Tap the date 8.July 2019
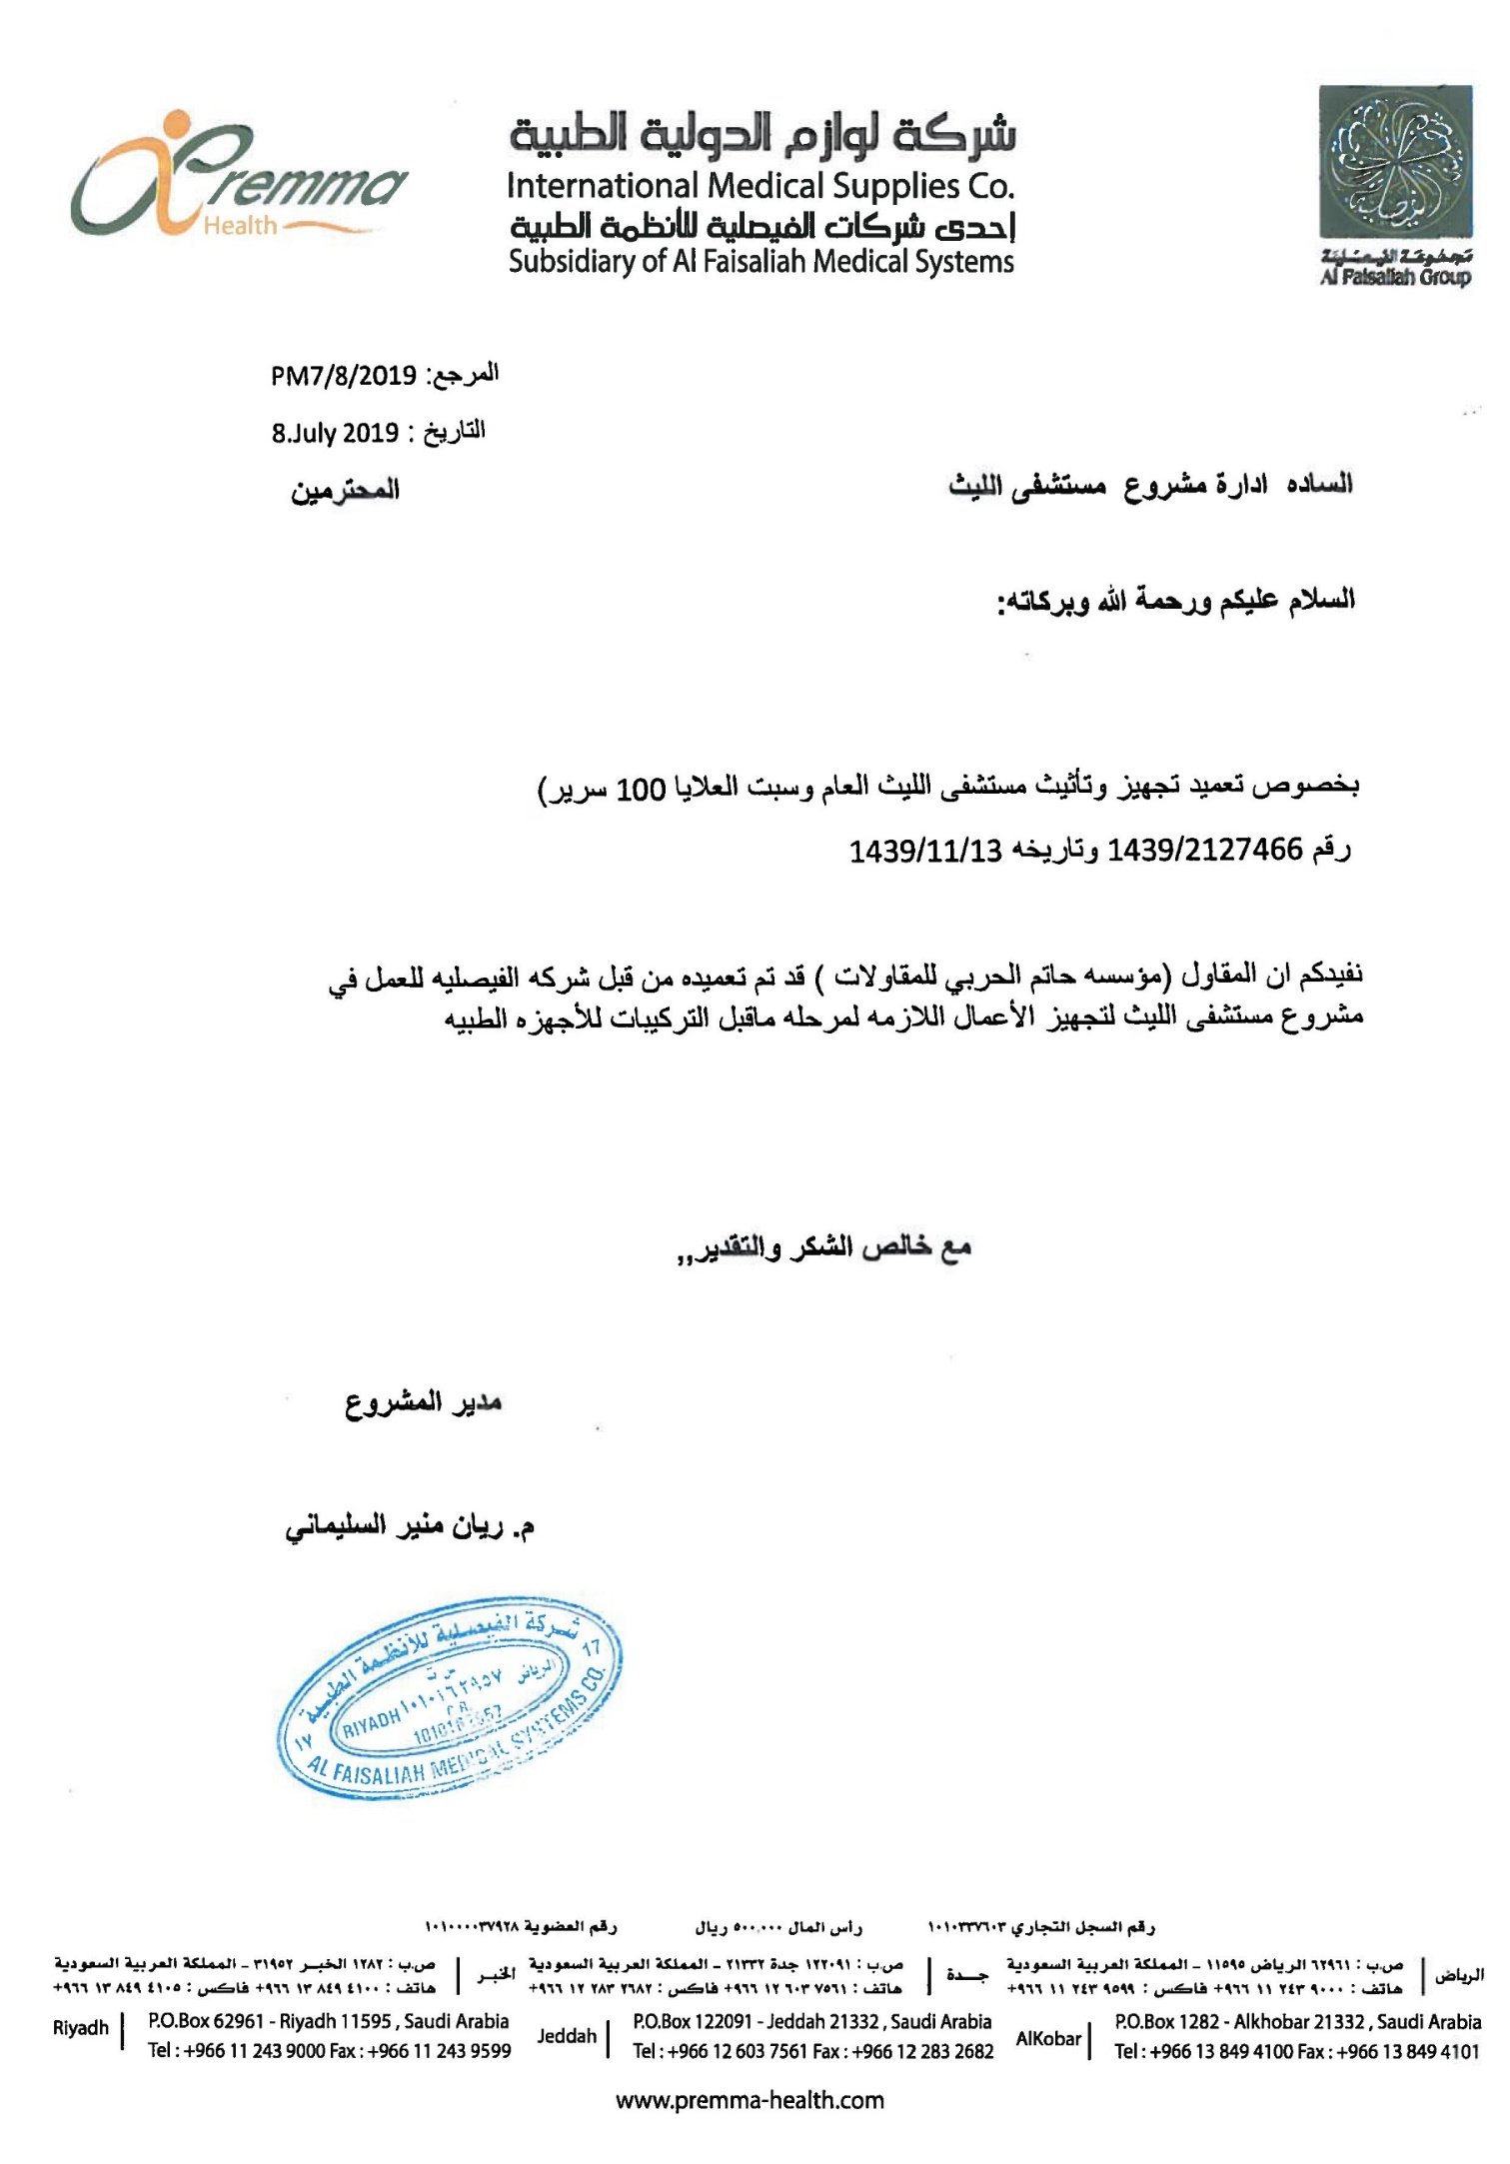(335, 433)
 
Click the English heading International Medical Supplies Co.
(760, 186)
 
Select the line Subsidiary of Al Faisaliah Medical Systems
(760, 262)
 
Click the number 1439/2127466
(1205, 850)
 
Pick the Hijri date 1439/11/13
(925, 852)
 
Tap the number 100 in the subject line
(641, 790)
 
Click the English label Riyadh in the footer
(81, 2027)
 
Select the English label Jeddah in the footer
(567, 2035)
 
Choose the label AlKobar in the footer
(1048, 2038)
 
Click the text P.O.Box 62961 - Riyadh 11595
(271, 2021)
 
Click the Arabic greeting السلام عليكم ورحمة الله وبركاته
(1176, 602)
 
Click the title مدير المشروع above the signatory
(424, 1402)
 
